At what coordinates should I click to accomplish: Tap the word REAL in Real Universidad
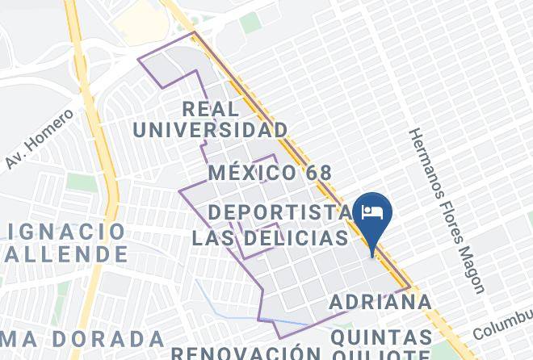click(x=211, y=109)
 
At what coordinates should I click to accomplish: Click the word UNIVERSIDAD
click(x=210, y=130)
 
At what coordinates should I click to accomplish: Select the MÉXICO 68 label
click(x=270, y=173)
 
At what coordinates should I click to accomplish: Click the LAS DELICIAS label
click(x=270, y=239)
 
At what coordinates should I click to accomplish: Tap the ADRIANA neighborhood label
click(x=381, y=303)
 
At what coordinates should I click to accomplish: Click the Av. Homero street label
click(x=39, y=139)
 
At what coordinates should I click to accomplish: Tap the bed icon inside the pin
click(x=372, y=211)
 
